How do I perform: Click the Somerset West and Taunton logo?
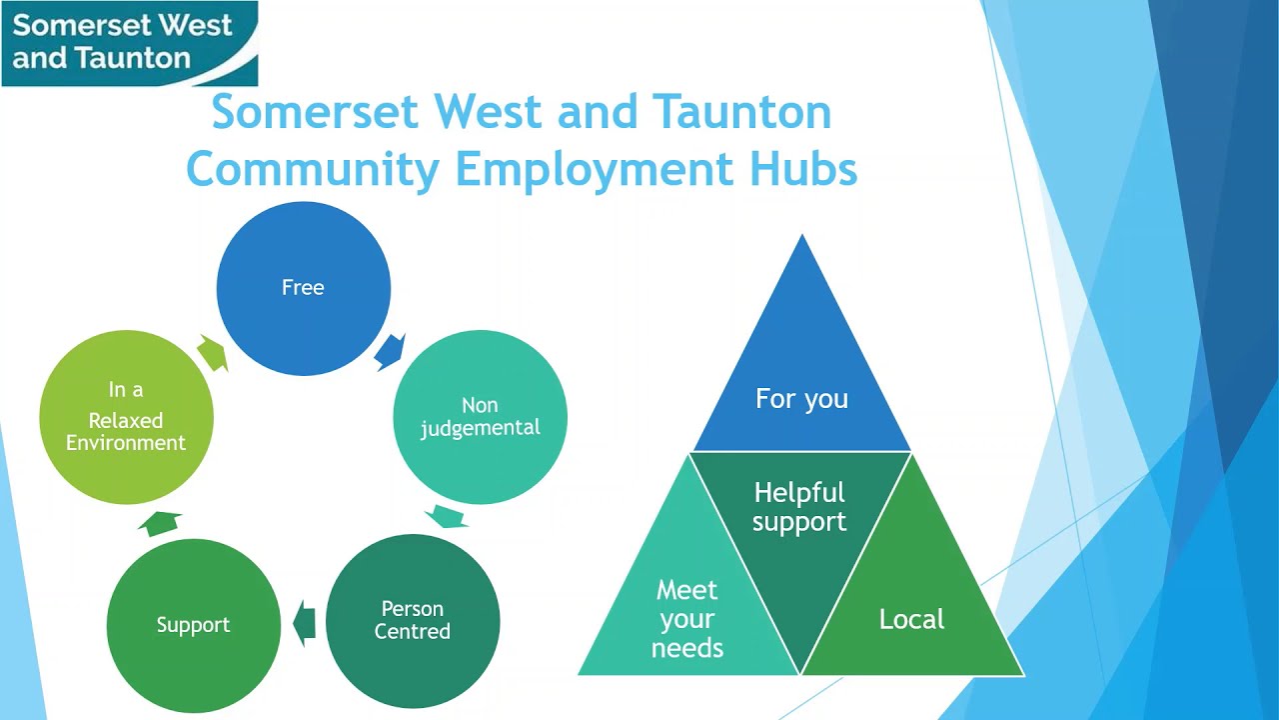pos(129,43)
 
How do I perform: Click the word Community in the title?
pos(312,169)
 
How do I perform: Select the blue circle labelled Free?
pos(303,288)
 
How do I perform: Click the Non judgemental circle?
pos(480,417)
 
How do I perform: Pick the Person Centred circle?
pos(412,620)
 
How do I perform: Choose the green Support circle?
pos(193,625)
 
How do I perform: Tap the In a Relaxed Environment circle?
pos(126,417)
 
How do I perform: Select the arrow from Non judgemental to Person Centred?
pos(446,517)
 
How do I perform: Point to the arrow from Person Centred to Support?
pos(305,623)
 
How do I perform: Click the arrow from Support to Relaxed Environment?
pos(161,522)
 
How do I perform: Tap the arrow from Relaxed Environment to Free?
pos(213,352)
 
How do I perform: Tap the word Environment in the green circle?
pos(126,442)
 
